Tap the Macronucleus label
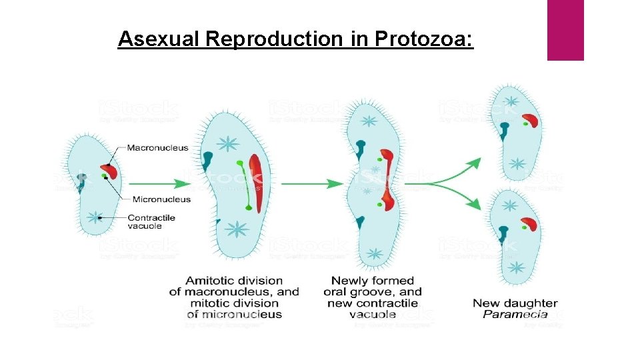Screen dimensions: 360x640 (158, 148)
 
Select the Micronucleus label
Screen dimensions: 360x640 (161, 199)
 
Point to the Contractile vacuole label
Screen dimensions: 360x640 (151, 222)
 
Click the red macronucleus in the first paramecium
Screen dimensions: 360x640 (110, 171)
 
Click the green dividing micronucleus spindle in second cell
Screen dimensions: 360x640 (243, 185)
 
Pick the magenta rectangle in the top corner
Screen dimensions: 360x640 (565, 30)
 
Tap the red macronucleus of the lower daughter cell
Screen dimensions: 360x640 (530, 225)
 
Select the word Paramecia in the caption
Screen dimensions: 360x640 (515, 315)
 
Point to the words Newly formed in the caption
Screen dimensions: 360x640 (373, 281)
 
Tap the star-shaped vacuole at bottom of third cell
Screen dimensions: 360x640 (375, 254)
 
